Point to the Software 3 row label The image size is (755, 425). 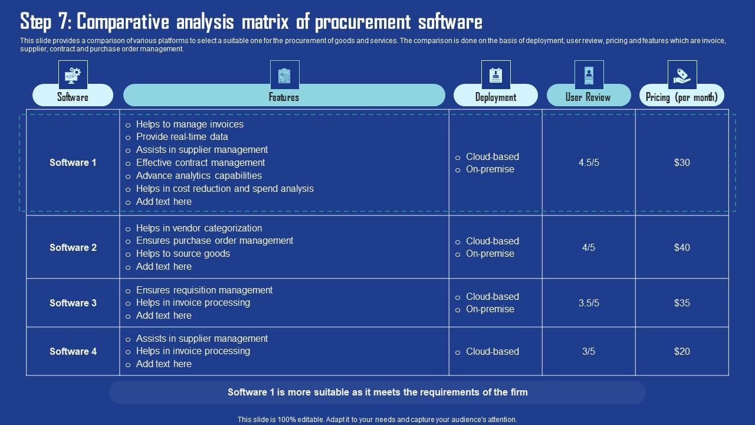(73, 303)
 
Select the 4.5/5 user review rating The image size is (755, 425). (589, 162)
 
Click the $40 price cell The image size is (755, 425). (682, 247)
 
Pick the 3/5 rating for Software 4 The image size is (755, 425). (589, 351)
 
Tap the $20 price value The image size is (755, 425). (682, 351)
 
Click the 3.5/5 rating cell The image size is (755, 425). (589, 303)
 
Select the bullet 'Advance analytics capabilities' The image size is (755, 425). (199, 175)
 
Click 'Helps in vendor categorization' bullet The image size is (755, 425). (199, 228)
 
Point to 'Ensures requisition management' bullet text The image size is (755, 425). (204, 290)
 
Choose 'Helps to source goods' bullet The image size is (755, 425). (183, 253)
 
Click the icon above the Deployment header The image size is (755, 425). (495, 75)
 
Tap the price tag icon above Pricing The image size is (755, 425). (682, 75)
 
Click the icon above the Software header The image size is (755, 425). (73, 75)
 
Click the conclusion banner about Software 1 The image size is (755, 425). (377, 392)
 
